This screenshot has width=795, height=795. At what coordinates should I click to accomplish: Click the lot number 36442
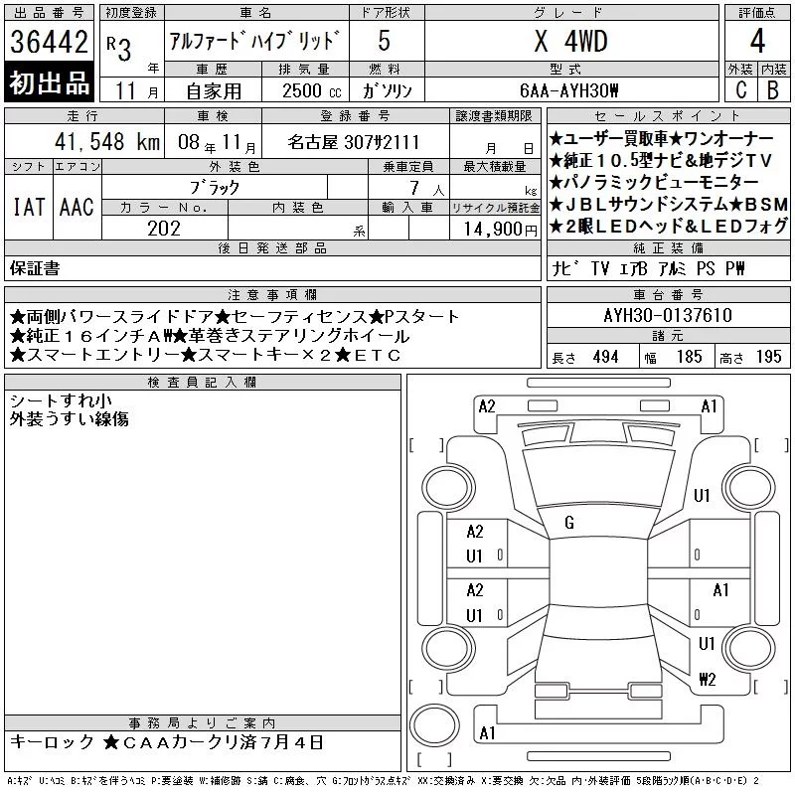(49, 42)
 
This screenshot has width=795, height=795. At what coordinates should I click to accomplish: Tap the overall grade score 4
(757, 41)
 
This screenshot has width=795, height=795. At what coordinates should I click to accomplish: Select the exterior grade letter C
(741, 89)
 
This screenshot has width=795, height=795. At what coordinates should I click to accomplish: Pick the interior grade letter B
(773, 89)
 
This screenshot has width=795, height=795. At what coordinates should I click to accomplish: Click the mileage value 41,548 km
(107, 141)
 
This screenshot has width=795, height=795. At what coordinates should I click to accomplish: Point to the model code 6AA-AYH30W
(568, 90)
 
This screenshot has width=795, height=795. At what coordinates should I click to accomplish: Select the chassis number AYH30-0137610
(668, 315)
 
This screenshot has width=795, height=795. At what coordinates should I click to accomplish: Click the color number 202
(164, 229)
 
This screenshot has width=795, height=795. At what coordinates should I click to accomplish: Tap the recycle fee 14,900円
(500, 229)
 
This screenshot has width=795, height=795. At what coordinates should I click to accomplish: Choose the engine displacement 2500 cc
(311, 90)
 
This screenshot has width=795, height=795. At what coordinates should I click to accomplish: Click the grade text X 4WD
(570, 41)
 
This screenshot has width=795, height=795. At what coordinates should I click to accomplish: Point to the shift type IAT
(29, 207)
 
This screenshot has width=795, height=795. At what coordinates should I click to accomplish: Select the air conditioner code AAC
(77, 207)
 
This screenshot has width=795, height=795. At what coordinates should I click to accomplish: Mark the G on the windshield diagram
(568, 523)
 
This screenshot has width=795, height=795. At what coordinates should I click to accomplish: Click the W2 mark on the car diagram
(708, 679)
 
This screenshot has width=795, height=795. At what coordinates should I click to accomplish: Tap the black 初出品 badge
(49, 82)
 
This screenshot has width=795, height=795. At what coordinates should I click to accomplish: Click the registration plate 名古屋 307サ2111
(354, 142)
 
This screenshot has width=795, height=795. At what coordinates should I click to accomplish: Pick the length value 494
(605, 357)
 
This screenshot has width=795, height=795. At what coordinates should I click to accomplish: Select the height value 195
(768, 357)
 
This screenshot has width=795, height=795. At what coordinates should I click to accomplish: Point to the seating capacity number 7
(414, 188)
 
